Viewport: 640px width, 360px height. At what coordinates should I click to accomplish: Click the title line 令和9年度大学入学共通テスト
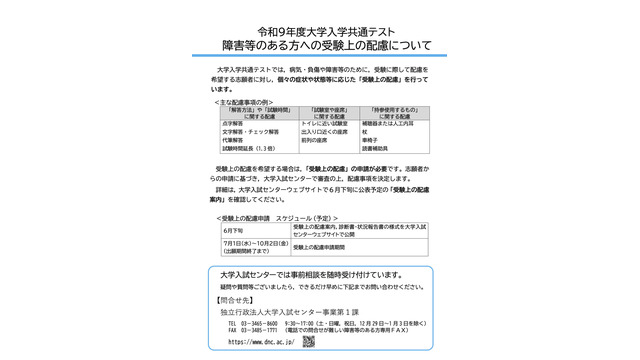click(x=319, y=30)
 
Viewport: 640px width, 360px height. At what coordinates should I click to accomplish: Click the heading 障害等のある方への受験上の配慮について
click(x=319, y=45)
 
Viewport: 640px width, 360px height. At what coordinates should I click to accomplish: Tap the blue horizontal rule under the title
click(x=319, y=56)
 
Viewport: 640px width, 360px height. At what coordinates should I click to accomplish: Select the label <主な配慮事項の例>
click(x=247, y=102)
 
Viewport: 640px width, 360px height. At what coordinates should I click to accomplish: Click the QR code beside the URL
click(x=309, y=340)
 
